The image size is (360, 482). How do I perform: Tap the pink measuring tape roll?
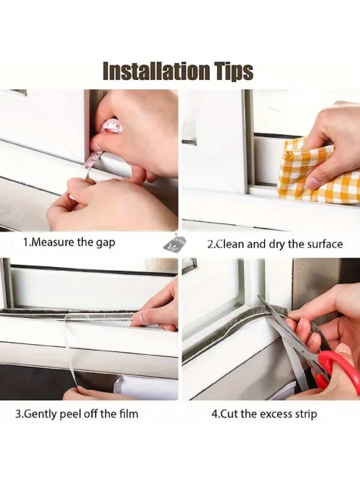click(x=112, y=126)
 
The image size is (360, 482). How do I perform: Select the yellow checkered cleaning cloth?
click(x=316, y=175)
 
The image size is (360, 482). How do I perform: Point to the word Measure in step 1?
click(x=52, y=242)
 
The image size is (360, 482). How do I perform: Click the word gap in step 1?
click(x=105, y=243)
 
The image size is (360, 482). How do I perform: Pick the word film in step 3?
click(x=128, y=414)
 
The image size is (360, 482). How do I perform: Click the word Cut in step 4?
click(x=229, y=414)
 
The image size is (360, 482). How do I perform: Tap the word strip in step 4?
click(x=306, y=414)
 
